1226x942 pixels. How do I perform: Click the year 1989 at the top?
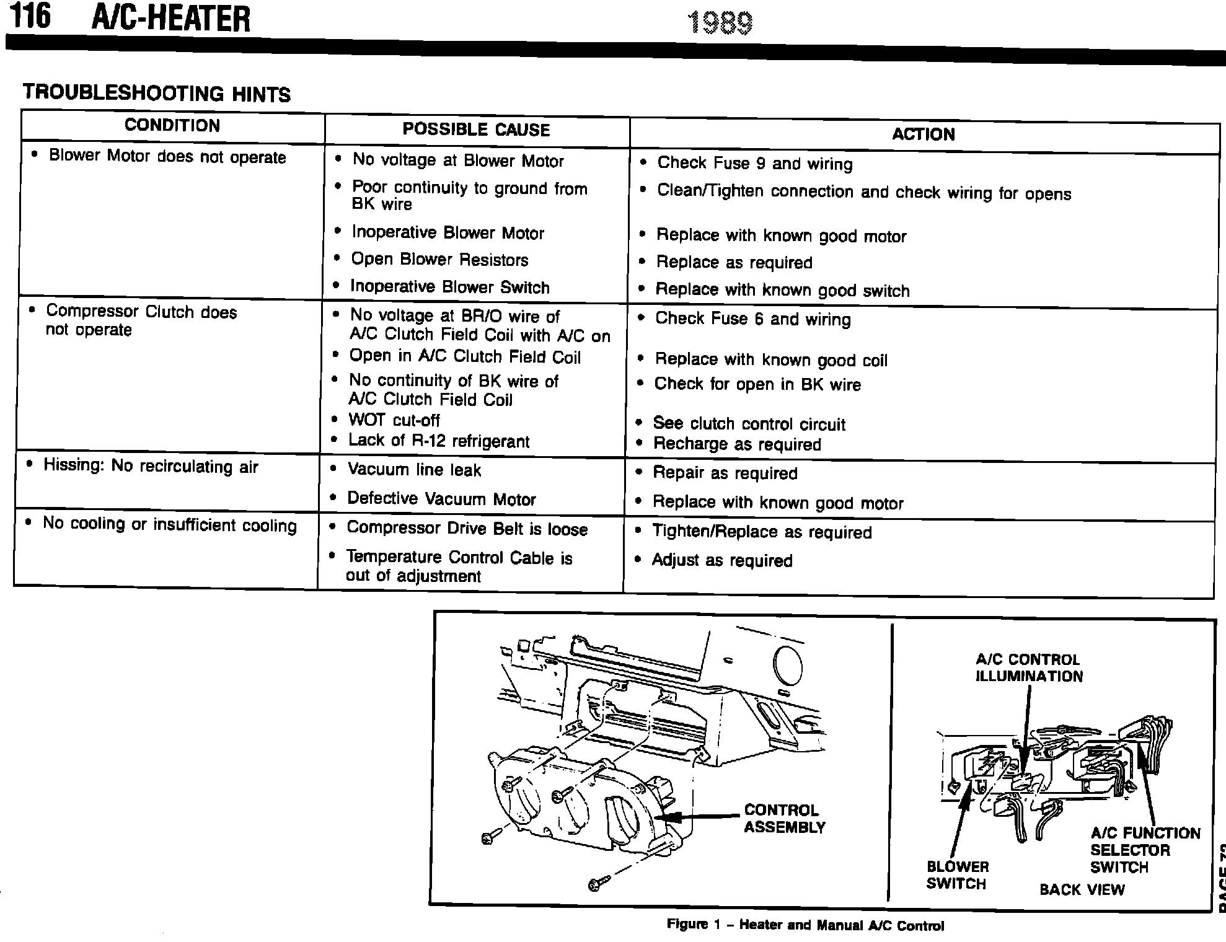(x=720, y=24)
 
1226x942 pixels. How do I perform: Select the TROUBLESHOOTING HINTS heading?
(x=156, y=94)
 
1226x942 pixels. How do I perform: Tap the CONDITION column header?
(x=172, y=126)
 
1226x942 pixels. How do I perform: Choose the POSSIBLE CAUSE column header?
(x=476, y=130)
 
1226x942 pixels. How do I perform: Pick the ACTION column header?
(x=923, y=134)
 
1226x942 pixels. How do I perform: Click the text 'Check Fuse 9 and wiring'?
(x=754, y=164)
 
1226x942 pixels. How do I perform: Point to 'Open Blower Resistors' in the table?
(x=439, y=260)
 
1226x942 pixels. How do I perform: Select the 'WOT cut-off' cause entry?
(x=394, y=420)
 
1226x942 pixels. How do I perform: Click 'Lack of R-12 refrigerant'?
(x=439, y=441)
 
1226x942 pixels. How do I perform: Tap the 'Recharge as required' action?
(x=737, y=444)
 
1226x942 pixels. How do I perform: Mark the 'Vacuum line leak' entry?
(x=414, y=470)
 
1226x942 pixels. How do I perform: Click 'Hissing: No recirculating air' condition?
(x=151, y=466)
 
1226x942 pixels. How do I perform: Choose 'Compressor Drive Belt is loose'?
(x=467, y=529)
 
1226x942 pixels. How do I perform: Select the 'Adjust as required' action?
(x=722, y=560)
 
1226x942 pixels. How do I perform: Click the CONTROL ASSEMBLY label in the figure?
(x=784, y=819)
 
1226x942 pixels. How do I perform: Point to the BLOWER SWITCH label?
(x=957, y=875)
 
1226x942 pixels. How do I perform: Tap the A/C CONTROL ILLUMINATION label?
(x=1029, y=668)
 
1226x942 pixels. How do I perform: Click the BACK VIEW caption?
(x=1082, y=890)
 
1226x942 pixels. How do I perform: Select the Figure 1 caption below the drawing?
(x=805, y=925)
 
